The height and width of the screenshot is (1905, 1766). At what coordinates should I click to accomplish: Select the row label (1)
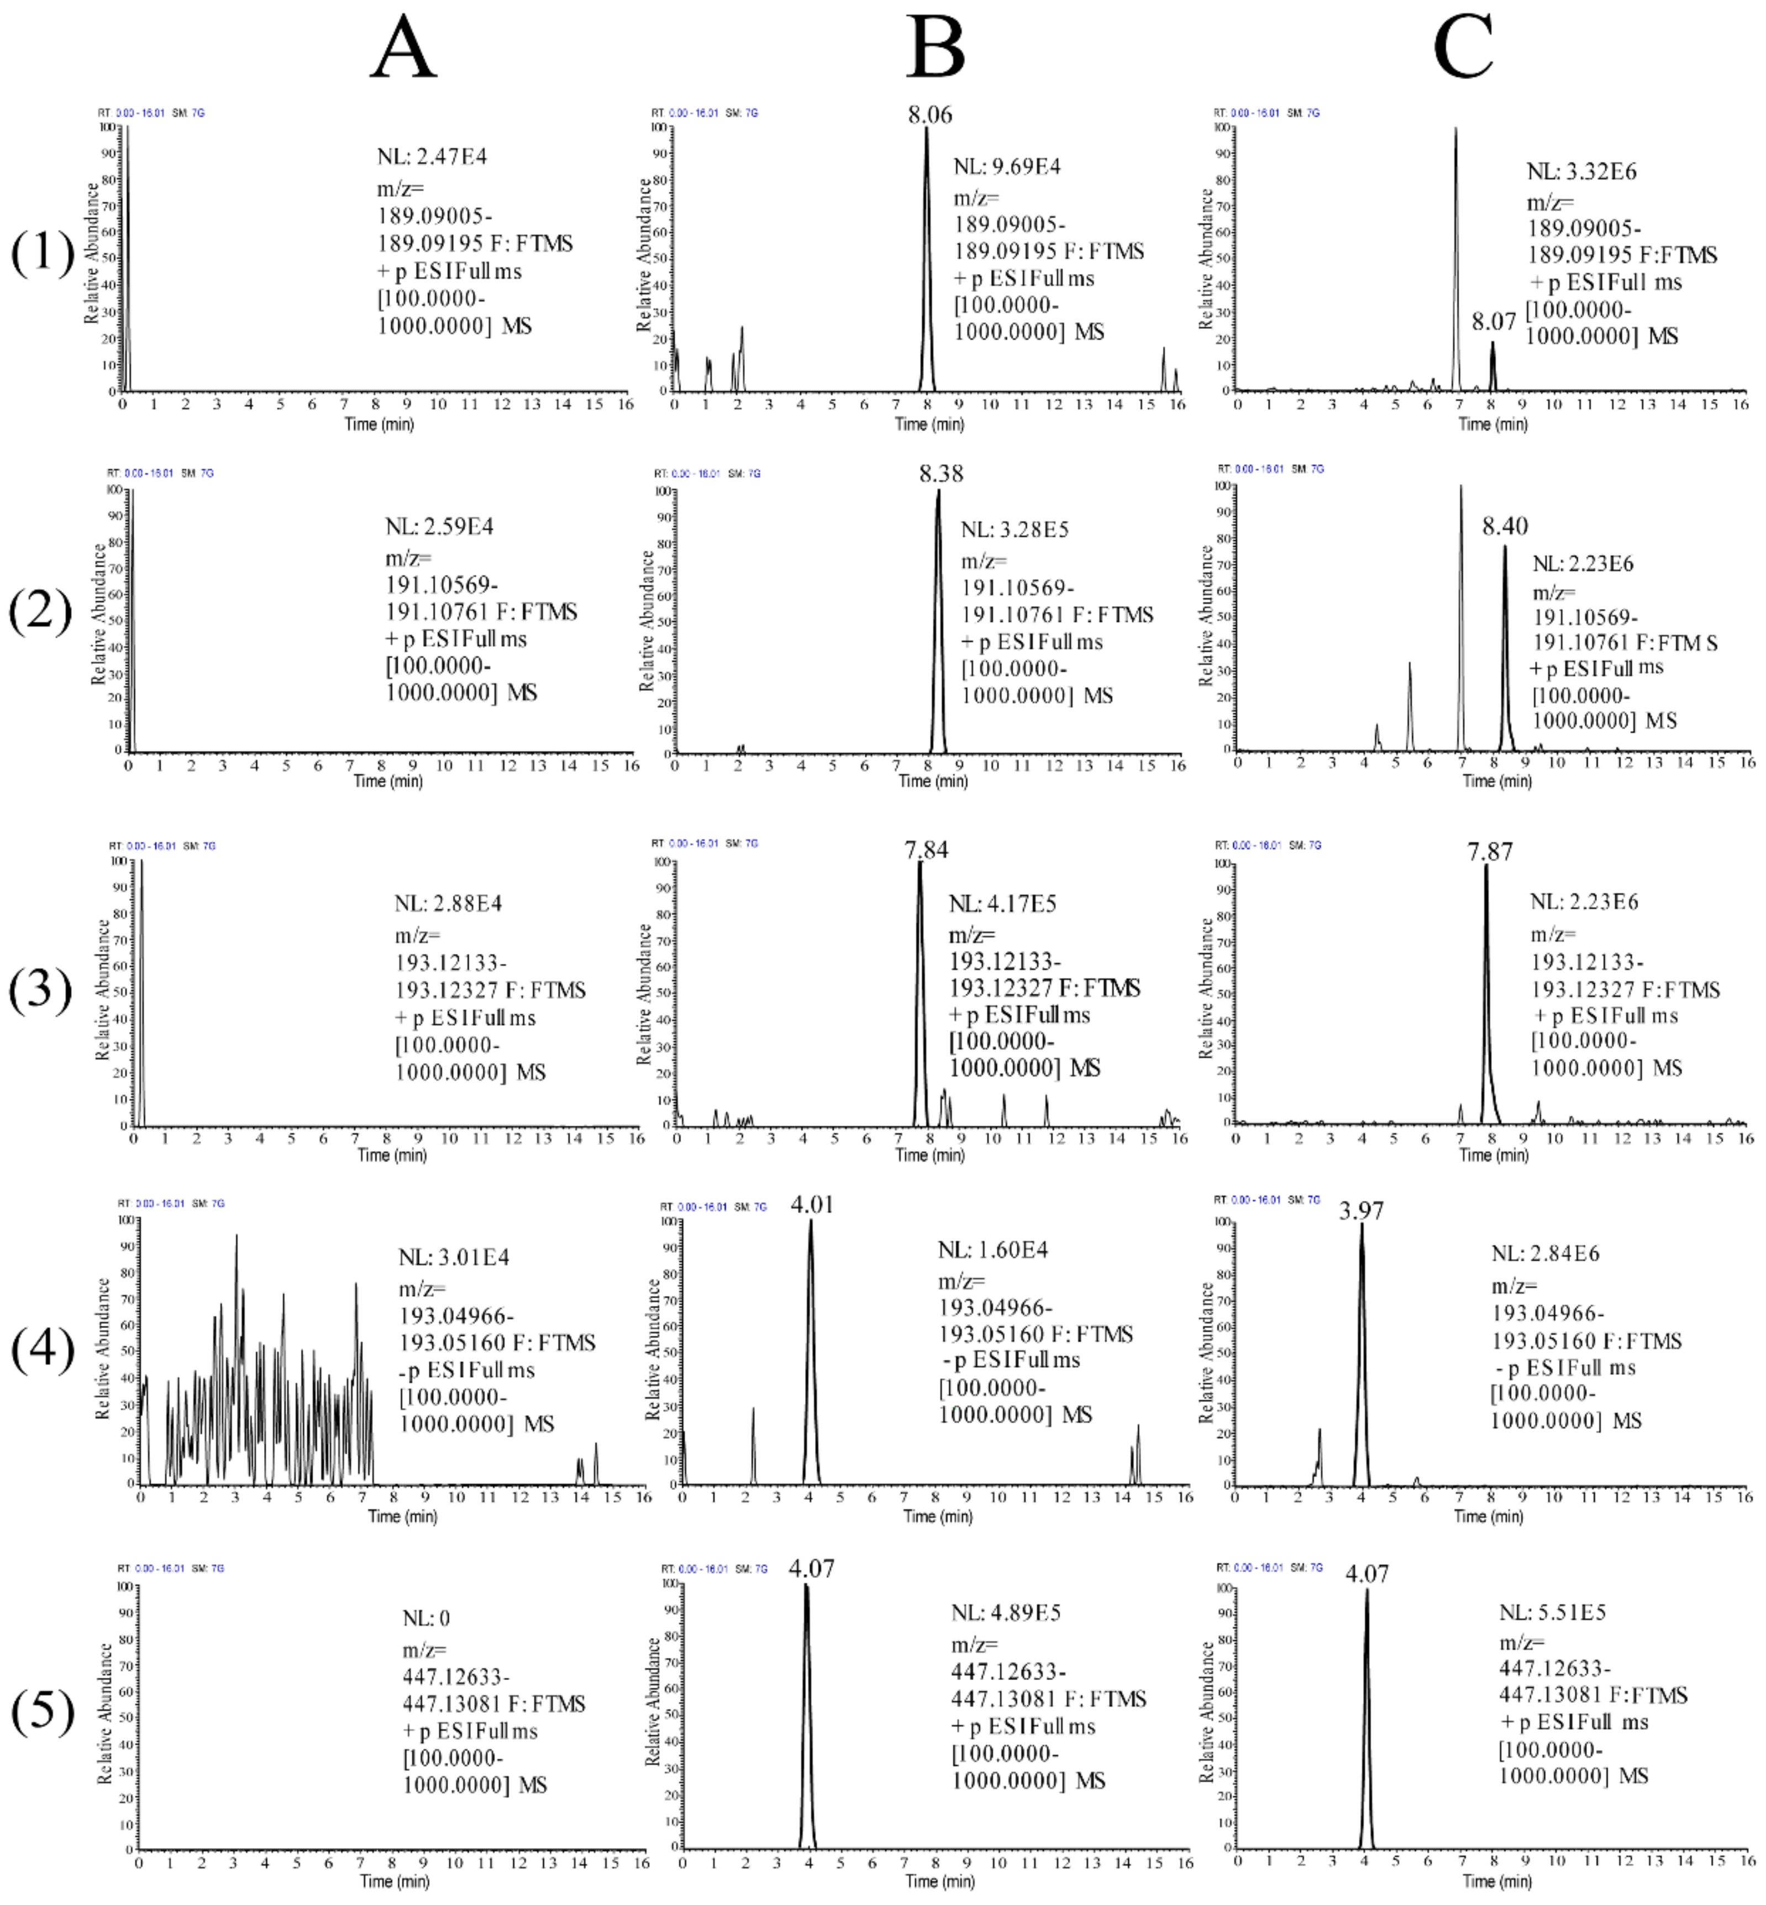point(42,253)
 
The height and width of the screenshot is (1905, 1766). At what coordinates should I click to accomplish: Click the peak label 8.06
point(930,116)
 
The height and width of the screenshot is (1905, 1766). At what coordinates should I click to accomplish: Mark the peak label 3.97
point(1362,1211)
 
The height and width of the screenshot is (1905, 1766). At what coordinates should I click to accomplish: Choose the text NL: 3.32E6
point(1581,172)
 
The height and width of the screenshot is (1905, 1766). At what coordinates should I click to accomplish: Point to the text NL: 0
point(426,1618)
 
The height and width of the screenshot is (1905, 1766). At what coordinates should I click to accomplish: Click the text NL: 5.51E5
point(1553,1613)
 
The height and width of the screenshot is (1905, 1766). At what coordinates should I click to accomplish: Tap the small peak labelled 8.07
point(1494,322)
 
